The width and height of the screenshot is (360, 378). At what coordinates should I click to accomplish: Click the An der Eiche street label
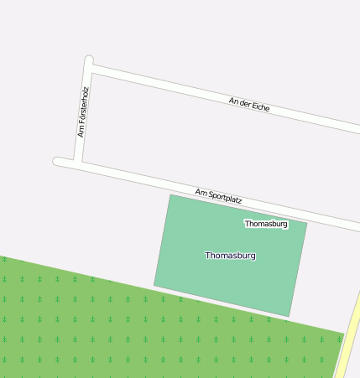point(249,105)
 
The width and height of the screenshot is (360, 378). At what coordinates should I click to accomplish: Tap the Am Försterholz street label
point(82,112)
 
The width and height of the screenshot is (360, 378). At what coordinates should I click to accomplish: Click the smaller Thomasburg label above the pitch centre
point(266,224)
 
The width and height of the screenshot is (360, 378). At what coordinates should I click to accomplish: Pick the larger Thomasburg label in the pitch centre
point(230,255)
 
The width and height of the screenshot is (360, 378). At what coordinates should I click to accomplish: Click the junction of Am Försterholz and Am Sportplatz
point(78,162)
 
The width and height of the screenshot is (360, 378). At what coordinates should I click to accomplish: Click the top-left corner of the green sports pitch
point(171,195)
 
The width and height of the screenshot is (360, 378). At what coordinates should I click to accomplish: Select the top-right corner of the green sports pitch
point(306,223)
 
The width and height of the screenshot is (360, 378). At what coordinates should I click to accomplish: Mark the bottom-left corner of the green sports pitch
point(154,286)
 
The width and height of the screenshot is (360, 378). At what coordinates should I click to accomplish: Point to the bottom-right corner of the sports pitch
point(290,316)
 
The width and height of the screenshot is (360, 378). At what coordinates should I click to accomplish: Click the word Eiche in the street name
point(260,107)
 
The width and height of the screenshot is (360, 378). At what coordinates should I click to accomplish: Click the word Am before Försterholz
point(81,132)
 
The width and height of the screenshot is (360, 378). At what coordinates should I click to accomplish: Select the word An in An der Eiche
point(233,101)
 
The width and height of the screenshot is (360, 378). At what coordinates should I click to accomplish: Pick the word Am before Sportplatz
point(201,193)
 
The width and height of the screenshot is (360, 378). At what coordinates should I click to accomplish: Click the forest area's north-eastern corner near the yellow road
point(342,334)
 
